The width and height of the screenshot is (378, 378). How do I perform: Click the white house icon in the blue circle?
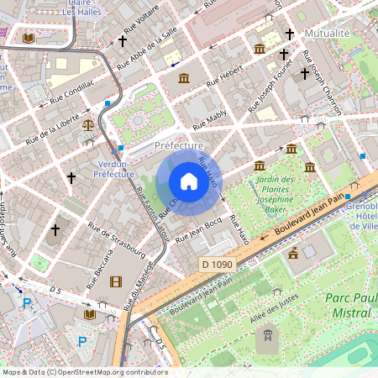pyautogui.click(x=189, y=181)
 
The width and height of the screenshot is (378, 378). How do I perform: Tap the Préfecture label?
pyautogui.click(x=179, y=146)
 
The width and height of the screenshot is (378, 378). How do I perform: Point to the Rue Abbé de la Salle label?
pyautogui.click(x=147, y=46)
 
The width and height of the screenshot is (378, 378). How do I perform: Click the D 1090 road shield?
pyautogui.click(x=217, y=265)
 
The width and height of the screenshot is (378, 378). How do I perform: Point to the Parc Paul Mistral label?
pyautogui.click(x=347, y=305)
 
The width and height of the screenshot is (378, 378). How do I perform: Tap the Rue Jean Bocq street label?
pyautogui.click(x=199, y=228)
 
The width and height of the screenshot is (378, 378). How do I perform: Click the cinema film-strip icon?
pyautogui.click(x=115, y=281)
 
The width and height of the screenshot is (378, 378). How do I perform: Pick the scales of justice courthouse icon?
pyautogui.click(x=89, y=123)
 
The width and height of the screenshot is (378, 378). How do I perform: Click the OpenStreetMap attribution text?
pyautogui.click(x=84, y=371)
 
